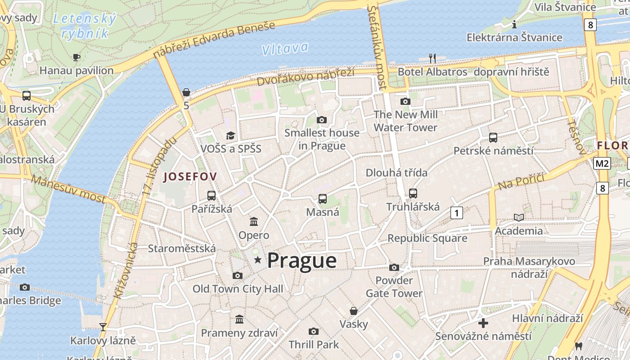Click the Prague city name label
coord(301,261)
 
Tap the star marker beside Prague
coord(258,260)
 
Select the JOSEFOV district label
coord(190,177)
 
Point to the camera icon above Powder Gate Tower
coord(394,268)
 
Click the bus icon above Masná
coord(323,198)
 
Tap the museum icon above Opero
coord(254,221)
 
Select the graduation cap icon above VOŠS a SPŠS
coord(231,135)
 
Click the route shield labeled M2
coord(602,163)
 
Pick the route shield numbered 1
coord(456,213)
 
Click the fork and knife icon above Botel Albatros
coord(432,58)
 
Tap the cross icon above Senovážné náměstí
coord(483,323)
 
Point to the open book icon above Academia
coord(519,218)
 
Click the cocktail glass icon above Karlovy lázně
coord(103,327)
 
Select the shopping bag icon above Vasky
coord(354,311)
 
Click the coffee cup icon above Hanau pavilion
coord(76,57)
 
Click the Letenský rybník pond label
coord(85,26)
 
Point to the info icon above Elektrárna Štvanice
coord(514,24)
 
